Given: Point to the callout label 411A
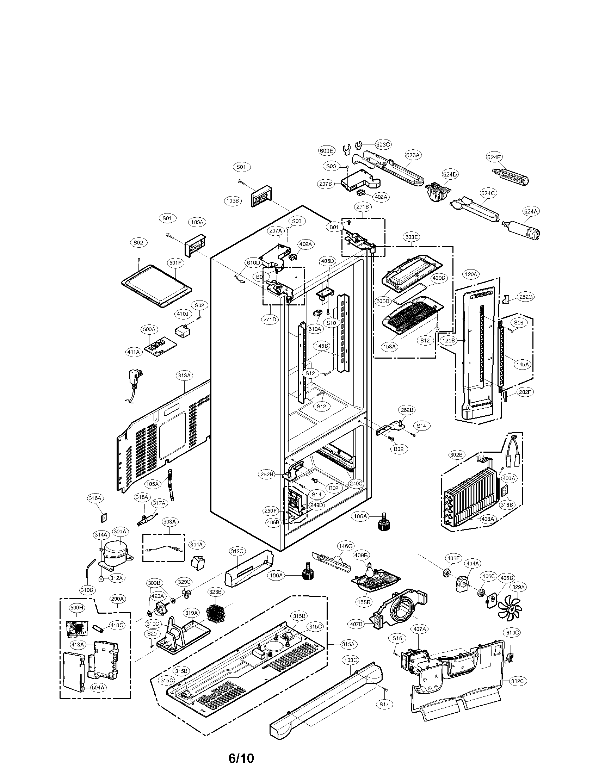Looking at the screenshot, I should click(134, 352).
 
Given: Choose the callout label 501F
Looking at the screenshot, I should click(176, 263).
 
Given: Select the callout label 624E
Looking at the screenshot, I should click(494, 157).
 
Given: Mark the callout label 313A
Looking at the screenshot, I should click(185, 375).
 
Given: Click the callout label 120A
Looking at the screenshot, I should click(471, 274).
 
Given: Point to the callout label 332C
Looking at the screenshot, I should click(517, 681).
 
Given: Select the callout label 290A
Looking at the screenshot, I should click(117, 599).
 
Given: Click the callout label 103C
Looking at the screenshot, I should click(350, 660).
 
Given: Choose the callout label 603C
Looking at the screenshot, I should click(383, 144).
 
